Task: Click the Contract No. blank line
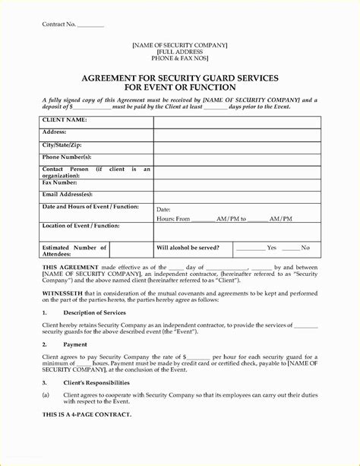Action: [x=90, y=25]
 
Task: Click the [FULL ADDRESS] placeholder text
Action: [x=180, y=52]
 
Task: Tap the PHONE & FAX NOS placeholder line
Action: [x=180, y=59]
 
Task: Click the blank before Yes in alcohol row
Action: [x=249, y=249]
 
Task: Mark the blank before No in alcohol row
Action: [x=291, y=249]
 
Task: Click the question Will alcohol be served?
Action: [x=188, y=248]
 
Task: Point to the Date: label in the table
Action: [x=163, y=209]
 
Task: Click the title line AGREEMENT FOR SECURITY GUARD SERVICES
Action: [x=180, y=79]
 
